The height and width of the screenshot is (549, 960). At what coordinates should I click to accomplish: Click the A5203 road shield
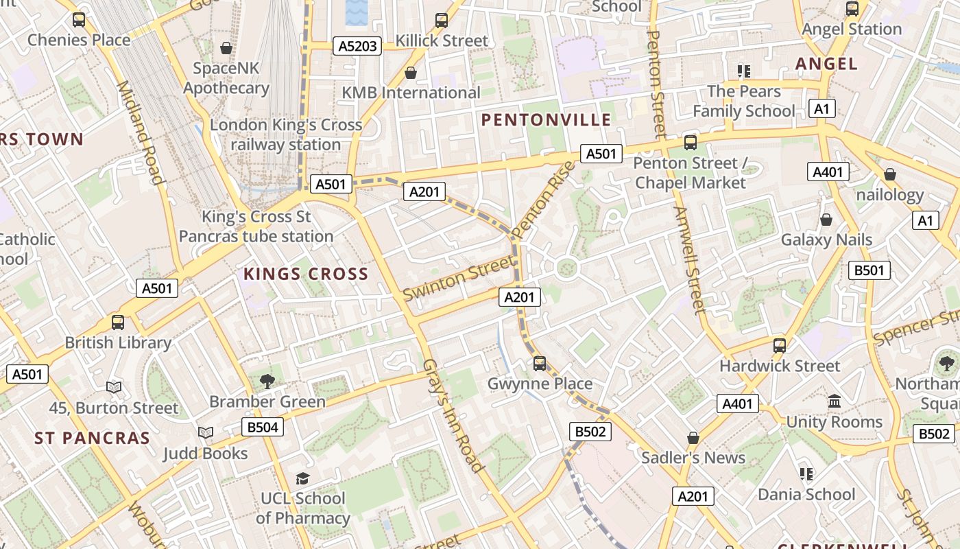click(357, 46)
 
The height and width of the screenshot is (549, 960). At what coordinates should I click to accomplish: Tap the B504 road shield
click(263, 428)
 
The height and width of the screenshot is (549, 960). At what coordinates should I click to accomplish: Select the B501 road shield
click(869, 270)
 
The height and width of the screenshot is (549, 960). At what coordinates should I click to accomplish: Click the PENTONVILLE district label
click(546, 120)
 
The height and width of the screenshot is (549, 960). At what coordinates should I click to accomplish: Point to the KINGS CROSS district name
click(306, 274)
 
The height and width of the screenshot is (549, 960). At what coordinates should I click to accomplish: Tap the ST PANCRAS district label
click(92, 438)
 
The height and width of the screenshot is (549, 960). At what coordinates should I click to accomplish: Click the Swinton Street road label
click(457, 278)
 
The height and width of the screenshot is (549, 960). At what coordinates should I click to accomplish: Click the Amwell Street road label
click(689, 260)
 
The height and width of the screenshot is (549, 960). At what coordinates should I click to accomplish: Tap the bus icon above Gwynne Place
click(540, 363)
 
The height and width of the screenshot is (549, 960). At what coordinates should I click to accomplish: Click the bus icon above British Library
click(118, 322)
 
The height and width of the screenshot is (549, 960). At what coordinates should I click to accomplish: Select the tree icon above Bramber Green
click(267, 381)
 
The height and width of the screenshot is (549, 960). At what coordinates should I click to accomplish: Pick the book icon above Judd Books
click(206, 432)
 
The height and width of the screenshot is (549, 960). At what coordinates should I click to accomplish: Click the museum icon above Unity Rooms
click(835, 401)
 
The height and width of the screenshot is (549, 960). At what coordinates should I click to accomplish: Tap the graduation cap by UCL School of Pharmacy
click(302, 478)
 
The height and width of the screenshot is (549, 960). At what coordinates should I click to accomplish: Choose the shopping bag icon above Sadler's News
click(693, 437)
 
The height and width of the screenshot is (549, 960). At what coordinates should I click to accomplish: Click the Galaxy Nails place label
click(826, 240)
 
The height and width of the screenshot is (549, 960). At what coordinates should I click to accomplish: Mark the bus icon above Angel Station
click(852, 9)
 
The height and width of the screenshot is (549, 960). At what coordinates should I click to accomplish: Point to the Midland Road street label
click(140, 133)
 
